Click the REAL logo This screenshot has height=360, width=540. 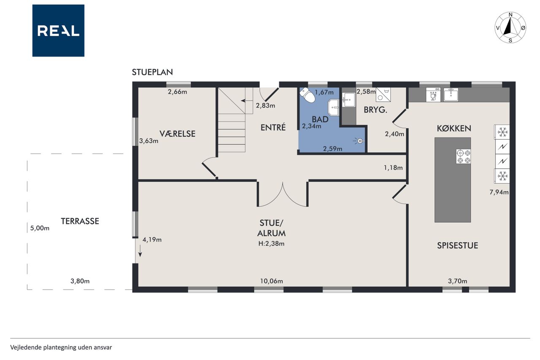pos(58,31)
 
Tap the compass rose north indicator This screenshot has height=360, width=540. pos(510,15)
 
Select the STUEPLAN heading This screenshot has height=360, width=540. pos(152,72)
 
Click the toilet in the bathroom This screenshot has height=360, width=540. pos(308,95)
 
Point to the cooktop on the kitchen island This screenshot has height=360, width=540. pos(463,157)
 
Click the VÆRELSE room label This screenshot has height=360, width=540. pos(178,134)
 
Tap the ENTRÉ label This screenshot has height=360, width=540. pos(273,127)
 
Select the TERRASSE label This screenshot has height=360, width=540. pos(80,221)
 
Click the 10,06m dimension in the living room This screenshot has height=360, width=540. pos(271,281)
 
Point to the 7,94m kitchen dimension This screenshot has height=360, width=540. pos(499,192)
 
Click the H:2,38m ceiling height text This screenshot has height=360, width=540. pos(271,244)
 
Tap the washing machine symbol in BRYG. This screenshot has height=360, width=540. pos(383,95)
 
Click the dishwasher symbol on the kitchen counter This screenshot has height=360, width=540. pos(433,95)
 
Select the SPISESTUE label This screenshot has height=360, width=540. pos(458,246)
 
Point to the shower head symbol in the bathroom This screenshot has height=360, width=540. pos(359,141)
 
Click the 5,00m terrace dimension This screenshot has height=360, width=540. pos(40,228)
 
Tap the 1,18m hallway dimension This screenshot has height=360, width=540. pos(393,168)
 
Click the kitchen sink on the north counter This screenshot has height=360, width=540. pos(451,95)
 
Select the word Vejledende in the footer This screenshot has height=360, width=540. pos(26,347)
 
